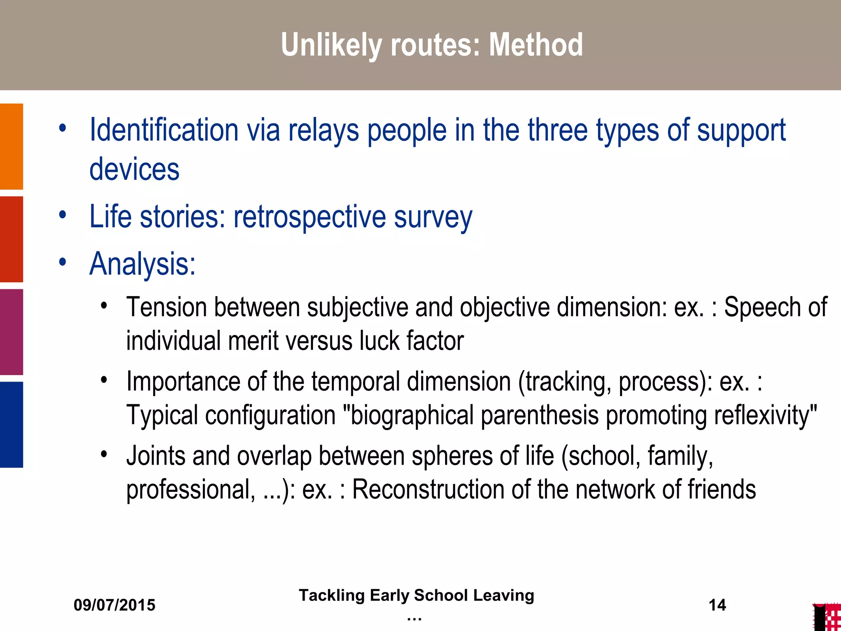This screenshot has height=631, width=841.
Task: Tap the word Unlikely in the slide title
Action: (x=331, y=45)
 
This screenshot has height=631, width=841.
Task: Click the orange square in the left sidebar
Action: (x=11, y=146)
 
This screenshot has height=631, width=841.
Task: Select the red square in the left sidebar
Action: (x=11, y=239)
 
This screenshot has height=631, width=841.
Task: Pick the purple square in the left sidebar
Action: (x=11, y=332)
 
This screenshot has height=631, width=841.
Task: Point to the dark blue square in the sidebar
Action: (x=11, y=424)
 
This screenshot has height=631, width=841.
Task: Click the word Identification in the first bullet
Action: (x=164, y=130)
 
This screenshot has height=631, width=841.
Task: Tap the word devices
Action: (x=134, y=169)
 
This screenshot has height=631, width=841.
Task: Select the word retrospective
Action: (x=310, y=217)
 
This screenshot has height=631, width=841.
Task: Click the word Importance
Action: (x=183, y=382)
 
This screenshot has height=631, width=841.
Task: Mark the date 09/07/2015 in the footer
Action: (x=115, y=605)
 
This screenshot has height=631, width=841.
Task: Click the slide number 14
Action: (x=717, y=605)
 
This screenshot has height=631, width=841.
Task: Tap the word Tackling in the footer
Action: (x=331, y=595)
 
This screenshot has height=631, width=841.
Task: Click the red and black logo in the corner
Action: (x=827, y=617)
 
